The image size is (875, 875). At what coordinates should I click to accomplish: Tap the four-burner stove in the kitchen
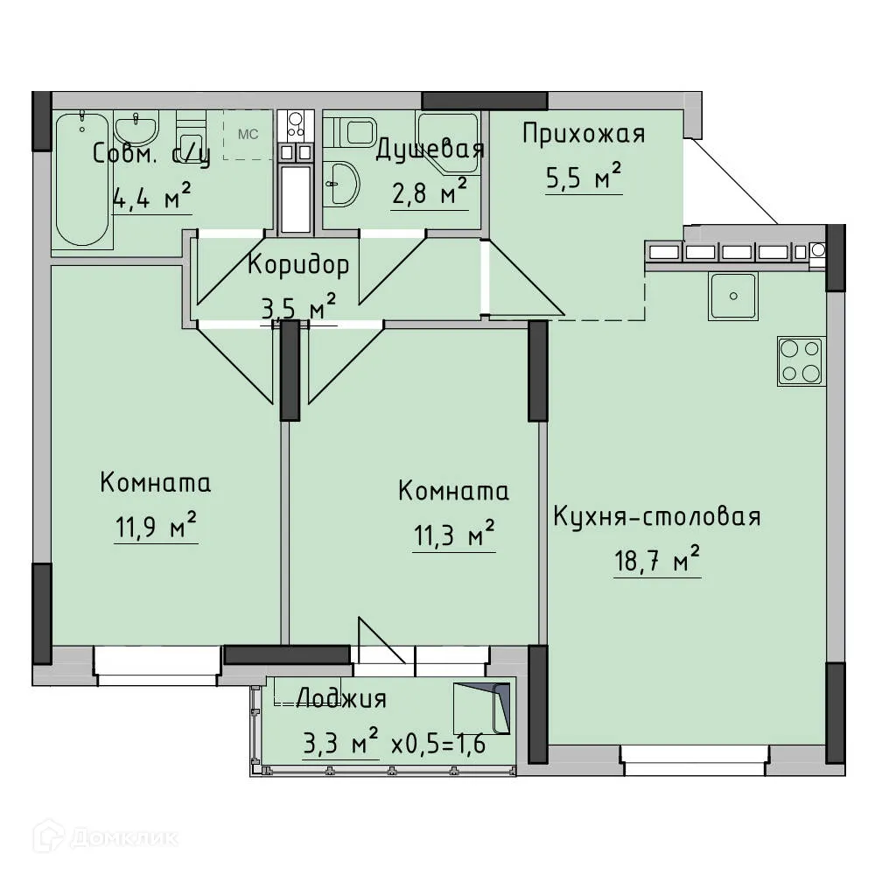[x=801, y=360]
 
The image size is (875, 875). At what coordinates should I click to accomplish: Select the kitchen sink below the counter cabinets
[x=732, y=295]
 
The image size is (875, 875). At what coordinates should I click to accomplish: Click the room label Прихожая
[x=584, y=134]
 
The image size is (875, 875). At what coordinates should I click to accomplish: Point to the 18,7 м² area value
[x=657, y=561]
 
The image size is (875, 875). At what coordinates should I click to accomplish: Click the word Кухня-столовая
[x=656, y=516]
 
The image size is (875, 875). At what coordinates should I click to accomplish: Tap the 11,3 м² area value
[x=452, y=535]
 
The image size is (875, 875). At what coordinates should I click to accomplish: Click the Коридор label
[x=297, y=264]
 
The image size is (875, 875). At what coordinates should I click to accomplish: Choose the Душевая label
[x=429, y=150]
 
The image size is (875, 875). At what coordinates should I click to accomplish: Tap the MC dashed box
[x=248, y=135]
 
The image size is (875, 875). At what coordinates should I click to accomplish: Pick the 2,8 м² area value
[x=428, y=193]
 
